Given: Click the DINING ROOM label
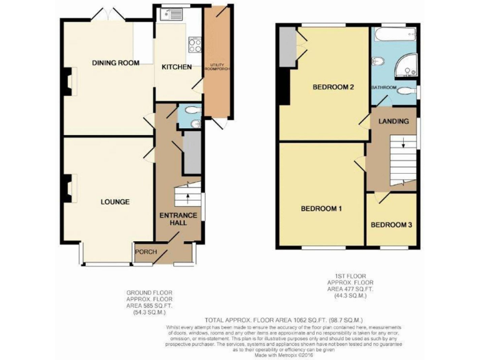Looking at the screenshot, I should click(x=116, y=62).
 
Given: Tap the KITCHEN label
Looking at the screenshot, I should click(x=177, y=67).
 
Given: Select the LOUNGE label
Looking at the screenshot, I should click(x=115, y=202).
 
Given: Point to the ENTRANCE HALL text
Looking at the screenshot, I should click(x=178, y=219).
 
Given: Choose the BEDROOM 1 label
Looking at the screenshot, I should click(x=321, y=208).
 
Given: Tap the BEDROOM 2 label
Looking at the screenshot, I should click(x=334, y=87).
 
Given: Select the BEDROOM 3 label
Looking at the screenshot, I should click(x=391, y=225).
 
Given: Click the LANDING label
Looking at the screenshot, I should click(x=394, y=121).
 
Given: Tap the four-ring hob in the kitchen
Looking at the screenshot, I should click(x=194, y=44).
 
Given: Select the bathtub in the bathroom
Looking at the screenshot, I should click(x=394, y=36).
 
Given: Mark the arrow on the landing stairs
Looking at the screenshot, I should click(x=403, y=144).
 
